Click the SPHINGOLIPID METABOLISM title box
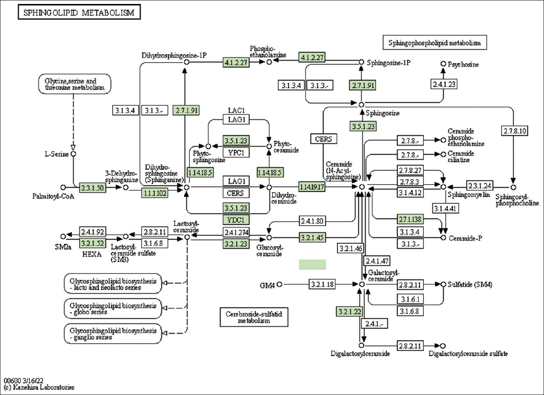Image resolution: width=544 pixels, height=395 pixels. tap(79, 13)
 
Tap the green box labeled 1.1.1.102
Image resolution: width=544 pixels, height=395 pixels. tap(155, 193)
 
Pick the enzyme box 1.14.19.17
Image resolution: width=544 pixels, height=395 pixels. tap(312, 187)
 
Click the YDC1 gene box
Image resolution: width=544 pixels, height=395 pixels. tap(236, 220)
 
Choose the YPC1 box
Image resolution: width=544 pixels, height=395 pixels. tap(236, 153)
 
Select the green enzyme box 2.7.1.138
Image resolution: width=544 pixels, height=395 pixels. tap(410, 219)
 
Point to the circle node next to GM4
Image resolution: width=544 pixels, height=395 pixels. tap(280, 284)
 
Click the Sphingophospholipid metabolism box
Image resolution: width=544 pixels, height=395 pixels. tap(435, 43)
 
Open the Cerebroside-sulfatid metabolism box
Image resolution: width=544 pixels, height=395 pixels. tap(254, 317)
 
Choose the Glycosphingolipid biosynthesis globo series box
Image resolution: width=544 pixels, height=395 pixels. tap(113, 308)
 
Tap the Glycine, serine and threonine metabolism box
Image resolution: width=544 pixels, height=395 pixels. tap(74, 84)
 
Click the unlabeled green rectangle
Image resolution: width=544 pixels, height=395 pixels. tap(312, 265)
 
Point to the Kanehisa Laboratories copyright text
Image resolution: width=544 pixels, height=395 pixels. tap(39, 387)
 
